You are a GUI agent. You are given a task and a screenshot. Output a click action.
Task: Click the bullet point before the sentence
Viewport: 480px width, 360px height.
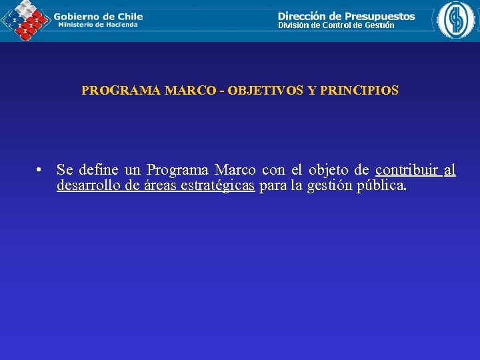coord(41,171)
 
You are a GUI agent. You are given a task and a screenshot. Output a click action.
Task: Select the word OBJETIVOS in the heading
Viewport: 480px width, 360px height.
coord(265,90)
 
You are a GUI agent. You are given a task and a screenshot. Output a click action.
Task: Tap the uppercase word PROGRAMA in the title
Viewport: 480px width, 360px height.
coord(121,90)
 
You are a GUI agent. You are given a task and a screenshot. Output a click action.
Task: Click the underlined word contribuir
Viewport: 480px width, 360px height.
coord(406,170)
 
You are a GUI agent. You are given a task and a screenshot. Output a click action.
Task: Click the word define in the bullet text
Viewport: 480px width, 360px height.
coord(99,170)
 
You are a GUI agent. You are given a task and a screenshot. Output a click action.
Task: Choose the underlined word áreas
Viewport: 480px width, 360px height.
coord(160,186)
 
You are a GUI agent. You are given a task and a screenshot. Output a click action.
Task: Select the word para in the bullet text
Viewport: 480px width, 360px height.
coord(273,186)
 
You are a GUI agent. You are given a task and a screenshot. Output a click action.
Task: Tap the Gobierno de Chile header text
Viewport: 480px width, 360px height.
coord(98,16)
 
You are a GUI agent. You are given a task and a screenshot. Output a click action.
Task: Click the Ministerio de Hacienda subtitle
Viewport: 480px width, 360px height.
coord(97,25)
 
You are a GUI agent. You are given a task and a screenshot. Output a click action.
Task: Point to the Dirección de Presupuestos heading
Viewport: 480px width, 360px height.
coord(346,15)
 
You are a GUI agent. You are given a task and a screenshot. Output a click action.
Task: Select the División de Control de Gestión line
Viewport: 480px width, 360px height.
coord(336,25)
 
